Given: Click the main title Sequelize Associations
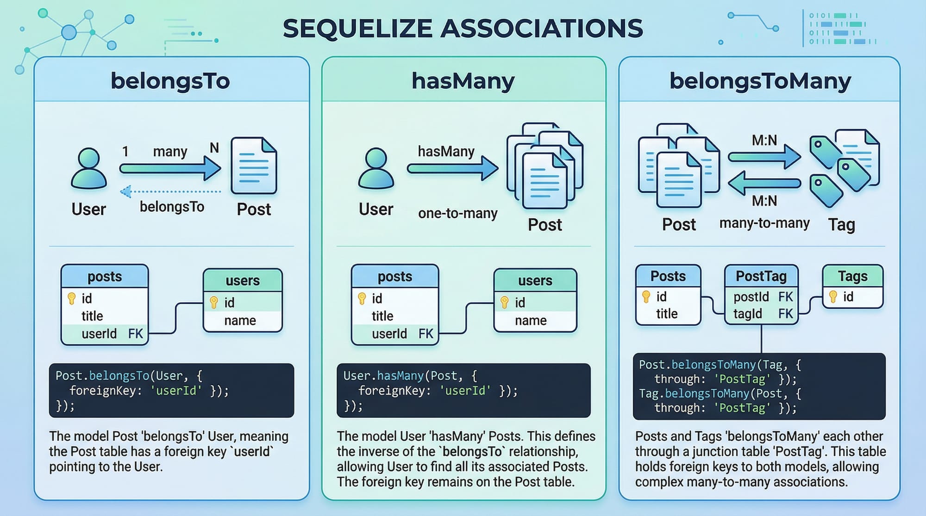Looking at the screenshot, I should [463, 29].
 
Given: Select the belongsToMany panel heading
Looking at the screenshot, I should [760, 81].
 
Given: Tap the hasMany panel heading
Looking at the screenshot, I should [463, 81].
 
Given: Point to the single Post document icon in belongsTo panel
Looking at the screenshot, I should [254, 165].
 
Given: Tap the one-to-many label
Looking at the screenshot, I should [457, 213].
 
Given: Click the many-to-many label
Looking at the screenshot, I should [764, 223].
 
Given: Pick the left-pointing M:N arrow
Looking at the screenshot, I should [764, 183].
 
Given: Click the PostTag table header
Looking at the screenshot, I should [761, 276].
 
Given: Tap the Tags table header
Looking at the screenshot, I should [852, 276].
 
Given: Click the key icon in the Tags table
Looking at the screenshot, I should [833, 296].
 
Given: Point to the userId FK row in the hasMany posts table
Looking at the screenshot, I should [395, 334].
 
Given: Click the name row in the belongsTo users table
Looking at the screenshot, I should [243, 320].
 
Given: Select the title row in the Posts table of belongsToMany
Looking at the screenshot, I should [667, 313].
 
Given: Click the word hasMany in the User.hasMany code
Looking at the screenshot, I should [400, 376].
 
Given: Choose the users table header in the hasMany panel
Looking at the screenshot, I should [535, 280].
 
